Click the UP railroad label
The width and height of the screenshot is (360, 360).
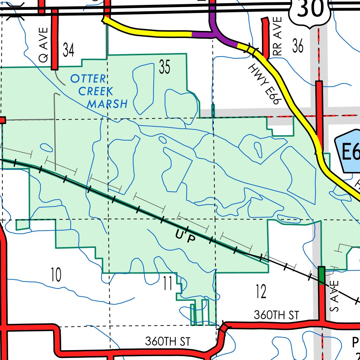(185, 237)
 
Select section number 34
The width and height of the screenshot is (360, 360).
(69, 50)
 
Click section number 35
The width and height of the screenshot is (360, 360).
(164, 67)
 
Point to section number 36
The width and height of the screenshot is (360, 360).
(297, 46)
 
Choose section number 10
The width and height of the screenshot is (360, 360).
(56, 275)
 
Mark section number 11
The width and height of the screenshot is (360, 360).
(168, 284)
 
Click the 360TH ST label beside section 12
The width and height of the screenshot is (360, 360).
(276, 315)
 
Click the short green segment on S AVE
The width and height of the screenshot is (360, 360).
(321, 276)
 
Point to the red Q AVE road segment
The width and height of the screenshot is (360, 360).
(54, 39)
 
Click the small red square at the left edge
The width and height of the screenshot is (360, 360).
(2, 120)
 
